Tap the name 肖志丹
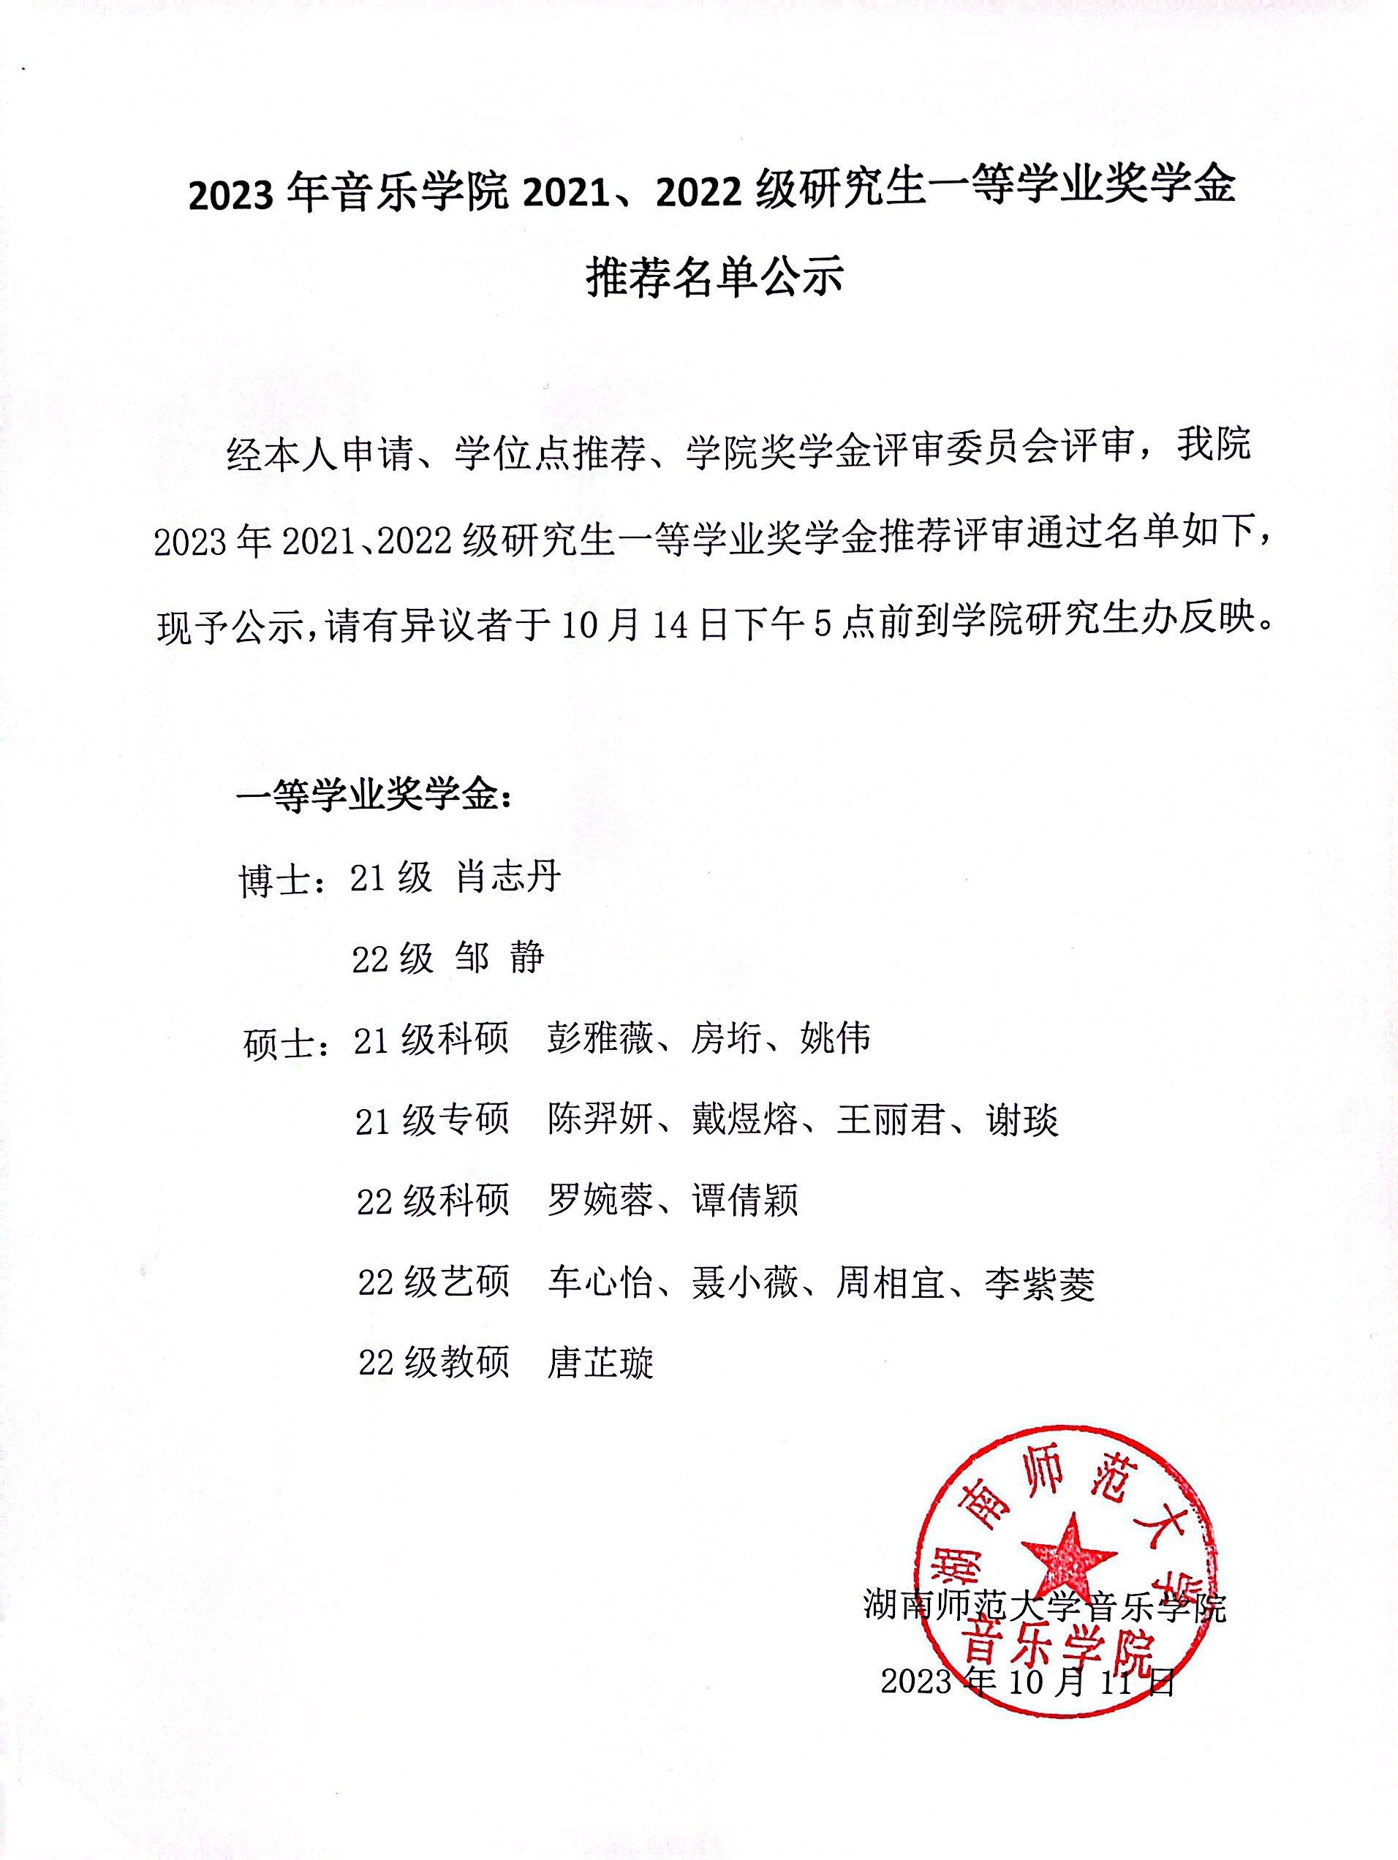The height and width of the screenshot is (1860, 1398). click(508, 878)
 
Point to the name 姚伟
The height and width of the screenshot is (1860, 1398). click(834, 1040)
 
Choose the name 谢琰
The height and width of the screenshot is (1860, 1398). click(1022, 1121)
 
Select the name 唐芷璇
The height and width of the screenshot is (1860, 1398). click(599, 1364)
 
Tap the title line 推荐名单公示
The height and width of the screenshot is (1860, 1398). click(714, 278)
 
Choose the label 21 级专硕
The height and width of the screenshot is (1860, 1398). click(431, 1121)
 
